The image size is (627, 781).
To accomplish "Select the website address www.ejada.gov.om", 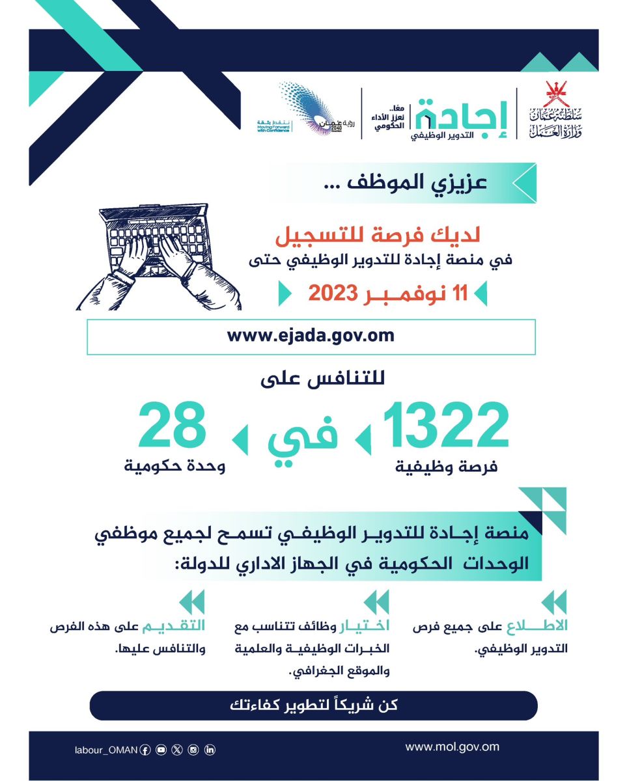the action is (311, 336).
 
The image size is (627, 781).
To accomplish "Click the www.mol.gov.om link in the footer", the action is (452, 747).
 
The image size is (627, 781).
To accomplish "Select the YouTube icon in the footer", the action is (161, 750).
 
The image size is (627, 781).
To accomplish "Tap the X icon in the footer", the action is (177, 750).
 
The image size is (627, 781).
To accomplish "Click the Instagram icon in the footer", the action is (193, 750).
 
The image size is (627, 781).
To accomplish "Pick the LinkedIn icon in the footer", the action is (210, 750).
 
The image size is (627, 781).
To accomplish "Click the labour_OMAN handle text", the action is (105, 750).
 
